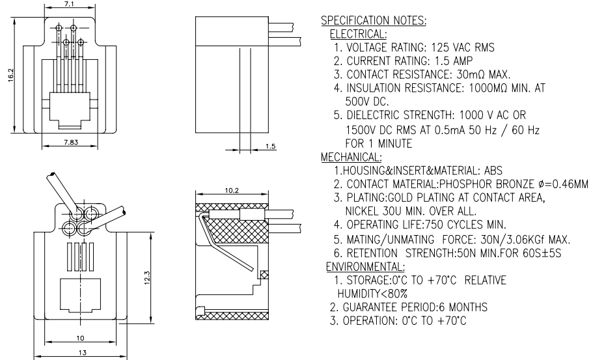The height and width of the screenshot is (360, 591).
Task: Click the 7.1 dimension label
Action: pyautogui.click(x=69, y=4)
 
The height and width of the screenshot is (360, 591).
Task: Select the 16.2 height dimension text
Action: pyautogui.click(x=10, y=75)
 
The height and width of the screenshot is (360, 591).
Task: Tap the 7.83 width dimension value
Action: pyautogui.click(x=71, y=142)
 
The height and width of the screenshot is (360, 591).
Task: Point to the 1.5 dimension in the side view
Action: pyautogui.click(x=271, y=146)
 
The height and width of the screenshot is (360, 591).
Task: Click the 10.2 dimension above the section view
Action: pyautogui.click(x=232, y=191)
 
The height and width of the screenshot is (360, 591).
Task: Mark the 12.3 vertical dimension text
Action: pyautogui.click(x=147, y=278)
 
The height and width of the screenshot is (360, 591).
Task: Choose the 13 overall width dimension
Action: pyautogui.click(x=82, y=353)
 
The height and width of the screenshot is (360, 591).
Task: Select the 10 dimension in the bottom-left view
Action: pyautogui.click(x=80, y=338)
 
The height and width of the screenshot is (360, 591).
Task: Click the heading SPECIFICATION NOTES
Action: pyautogui.click(x=374, y=21)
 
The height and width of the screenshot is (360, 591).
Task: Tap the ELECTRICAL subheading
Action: pyautogui.click(x=358, y=35)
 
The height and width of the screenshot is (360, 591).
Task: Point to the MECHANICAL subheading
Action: pyautogui.click(x=351, y=157)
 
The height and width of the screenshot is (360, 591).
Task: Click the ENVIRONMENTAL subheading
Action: pyautogui.click(x=365, y=267)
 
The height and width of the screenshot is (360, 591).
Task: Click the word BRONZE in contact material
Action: pyautogui.click(x=514, y=184)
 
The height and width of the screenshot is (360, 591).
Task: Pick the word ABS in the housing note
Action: pyautogui.click(x=493, y=171)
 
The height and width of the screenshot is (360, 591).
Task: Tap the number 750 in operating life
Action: pyautogui.click(x=435, y=225)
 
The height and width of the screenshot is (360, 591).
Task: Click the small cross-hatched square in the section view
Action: pyautogui.click(x=265, y=275)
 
